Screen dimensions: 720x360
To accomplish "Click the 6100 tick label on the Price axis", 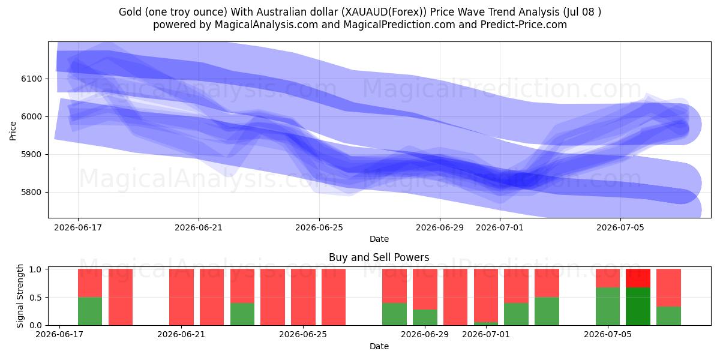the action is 31,79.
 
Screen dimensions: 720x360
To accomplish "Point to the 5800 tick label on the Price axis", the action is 31,192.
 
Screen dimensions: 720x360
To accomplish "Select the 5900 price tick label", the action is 31,155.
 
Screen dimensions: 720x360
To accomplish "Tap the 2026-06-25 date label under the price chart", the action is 319,227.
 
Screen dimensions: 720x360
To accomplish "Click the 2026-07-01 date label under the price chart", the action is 500,227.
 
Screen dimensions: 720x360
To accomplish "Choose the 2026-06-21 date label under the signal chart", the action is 181,334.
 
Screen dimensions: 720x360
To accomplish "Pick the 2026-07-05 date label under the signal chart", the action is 608,334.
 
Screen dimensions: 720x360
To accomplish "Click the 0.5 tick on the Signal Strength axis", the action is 35,298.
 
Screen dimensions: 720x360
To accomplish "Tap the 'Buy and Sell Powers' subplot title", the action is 379,257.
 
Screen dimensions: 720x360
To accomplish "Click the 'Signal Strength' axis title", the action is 20,296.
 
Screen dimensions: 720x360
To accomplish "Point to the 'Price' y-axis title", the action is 13,131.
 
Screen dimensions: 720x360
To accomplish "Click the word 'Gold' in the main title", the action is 131,12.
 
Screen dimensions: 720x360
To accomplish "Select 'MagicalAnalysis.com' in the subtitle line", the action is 266,25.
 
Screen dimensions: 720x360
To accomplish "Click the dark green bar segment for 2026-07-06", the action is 638,307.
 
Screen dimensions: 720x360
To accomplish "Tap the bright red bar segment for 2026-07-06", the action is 638,278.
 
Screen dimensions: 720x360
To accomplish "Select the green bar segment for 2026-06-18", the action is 90,311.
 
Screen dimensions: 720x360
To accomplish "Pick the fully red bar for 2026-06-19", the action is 121,297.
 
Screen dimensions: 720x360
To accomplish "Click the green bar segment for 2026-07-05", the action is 608,307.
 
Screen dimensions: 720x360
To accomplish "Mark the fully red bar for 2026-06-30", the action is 455,297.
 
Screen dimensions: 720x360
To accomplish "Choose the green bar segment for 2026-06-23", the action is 242,314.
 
